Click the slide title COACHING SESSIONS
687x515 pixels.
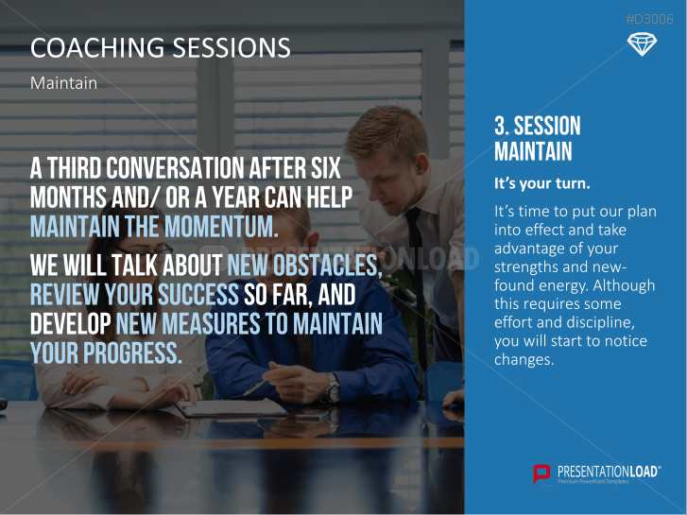pyautogui.click(x=161, y=47)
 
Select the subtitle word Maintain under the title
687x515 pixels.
pyautogui.click(x=64, y=83)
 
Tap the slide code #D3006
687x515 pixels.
pyautogui.click(x=650, y=19)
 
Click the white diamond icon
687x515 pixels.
pyautogui.click(x=642, y=44)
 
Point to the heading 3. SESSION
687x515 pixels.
pyautogui.click(x=537, y=126)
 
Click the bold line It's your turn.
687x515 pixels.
pyautogui.click(x=542, y=183)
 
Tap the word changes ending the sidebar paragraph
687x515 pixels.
pyautogui.click(x=524, y=359)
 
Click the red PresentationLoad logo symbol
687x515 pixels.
pyautogui.click(x=541, y=474)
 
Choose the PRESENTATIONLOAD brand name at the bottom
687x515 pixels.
pyautogui.click(x=609, y=472)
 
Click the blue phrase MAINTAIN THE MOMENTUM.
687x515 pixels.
pyautogui.click(x=154, y=227)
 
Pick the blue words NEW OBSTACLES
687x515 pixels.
pyautogui.click(x=304, y=265)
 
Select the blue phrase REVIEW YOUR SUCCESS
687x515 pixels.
pyautogui.click(x=134, y=294)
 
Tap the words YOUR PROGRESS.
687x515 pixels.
pyautogui.click(x=106, y=352)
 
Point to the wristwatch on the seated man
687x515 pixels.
pyautogui.click(x=333, y=387)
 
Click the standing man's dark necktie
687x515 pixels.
pyautogui.click(x=416, y=272)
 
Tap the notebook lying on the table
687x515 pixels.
pyautogui.click(x=232, y=408)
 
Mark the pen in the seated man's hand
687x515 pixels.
pyautogui.click(x=254, y=386)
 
